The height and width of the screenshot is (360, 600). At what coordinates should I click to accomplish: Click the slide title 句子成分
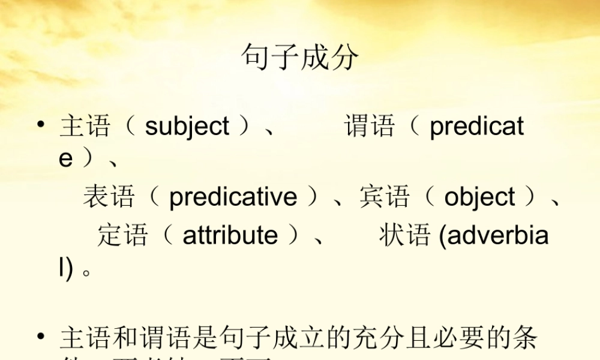pyautogui.click(x=300, y=58)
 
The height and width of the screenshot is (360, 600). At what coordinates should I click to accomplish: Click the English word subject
pyautogui.click(x=187, y=127)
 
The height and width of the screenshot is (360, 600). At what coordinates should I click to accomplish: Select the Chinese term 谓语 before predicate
pyautogui.click(x=370, y=127)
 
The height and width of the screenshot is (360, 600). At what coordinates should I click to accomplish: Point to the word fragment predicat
pyautogui.click(x=476, y=127)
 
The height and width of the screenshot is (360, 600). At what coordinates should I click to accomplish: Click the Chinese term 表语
pyautogui.click(x=109, y=197)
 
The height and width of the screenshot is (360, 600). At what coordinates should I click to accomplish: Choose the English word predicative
pyautogui.click(x=233, y=197)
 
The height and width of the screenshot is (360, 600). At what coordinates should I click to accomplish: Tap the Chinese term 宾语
pyautogui.click(x=385, y=197)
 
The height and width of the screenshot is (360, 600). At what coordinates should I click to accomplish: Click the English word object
pyautogui.click(x=479, y=197)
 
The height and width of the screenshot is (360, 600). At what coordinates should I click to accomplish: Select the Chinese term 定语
pyautogui.click(x=122, y=235)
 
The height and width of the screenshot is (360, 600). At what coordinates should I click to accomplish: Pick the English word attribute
pyautogui.click(x=230, y=235)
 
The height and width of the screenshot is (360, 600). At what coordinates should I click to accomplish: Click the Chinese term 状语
pyautogui.click(x=404, y=235)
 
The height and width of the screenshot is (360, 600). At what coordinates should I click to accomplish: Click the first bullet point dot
pyautogui.click(x=40, y=125)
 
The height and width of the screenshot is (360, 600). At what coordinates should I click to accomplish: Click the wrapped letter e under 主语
pyautogui.click(x=65, y=160)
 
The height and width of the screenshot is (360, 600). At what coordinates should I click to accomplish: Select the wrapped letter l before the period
pyautogui.click(x=61, y=268)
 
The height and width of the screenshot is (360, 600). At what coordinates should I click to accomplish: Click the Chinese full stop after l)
pyautogui.click(x=87, y=271)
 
